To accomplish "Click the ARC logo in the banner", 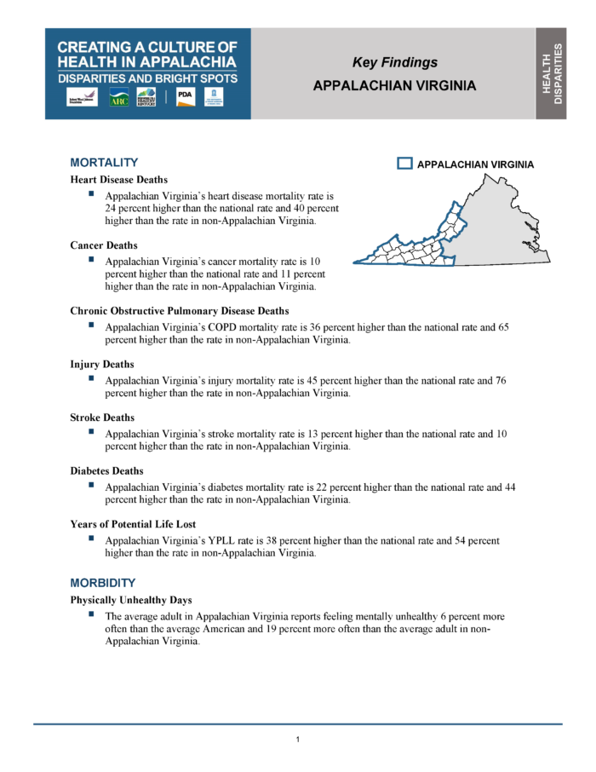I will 119,98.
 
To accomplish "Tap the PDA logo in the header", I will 185,97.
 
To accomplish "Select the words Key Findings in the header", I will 395,62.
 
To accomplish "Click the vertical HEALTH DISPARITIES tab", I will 552,73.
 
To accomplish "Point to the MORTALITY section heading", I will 104,162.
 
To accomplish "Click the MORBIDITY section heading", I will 103,583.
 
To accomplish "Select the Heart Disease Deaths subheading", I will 118,180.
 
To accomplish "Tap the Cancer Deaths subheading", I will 104,245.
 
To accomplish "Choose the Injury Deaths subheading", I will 102,364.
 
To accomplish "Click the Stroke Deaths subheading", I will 102,418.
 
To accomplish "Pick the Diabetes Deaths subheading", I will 106,470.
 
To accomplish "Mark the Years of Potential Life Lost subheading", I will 134,524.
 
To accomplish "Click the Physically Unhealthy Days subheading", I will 131,600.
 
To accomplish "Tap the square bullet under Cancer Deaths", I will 90,259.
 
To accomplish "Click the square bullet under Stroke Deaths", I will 90,431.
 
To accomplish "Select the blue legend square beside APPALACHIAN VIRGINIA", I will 405,164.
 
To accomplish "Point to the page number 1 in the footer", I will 297,739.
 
